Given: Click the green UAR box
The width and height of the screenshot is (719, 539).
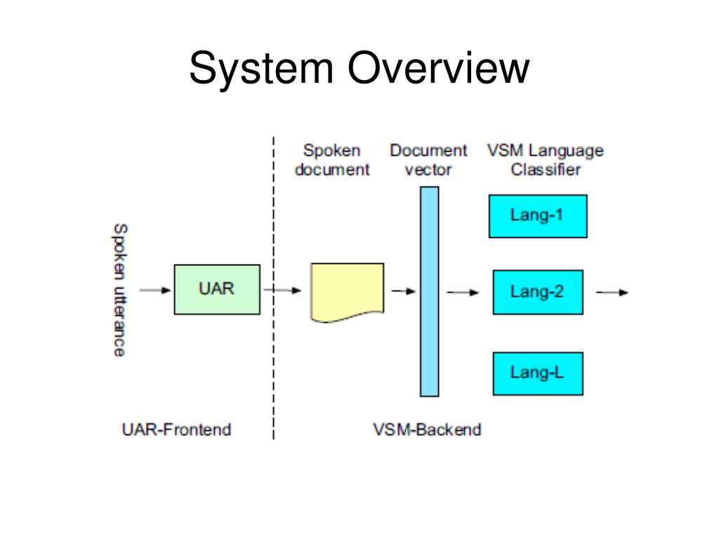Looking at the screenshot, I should pos(216,289).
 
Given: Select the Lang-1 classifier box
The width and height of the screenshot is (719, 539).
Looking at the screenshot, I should pos(537,216).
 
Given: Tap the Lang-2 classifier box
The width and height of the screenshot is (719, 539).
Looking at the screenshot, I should pos(537,292).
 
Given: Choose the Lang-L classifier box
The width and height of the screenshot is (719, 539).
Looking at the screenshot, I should pos(537,373).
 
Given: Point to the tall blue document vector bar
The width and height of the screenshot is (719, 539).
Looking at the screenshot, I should pos(429,291).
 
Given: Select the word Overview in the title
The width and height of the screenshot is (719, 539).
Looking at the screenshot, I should pos(437,69).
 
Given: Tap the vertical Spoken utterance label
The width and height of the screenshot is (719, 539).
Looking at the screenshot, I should pos(120,290).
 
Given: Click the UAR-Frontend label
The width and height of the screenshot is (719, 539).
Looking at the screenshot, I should pos(176,430).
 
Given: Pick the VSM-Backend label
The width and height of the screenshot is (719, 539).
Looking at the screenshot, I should pos(427,430).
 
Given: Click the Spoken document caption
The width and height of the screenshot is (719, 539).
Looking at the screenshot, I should pos(331,160).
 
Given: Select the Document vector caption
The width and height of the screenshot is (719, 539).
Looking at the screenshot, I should pos(428,160).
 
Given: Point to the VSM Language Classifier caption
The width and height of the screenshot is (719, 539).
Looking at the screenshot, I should pos(545,160).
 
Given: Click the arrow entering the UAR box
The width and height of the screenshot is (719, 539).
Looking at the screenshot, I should pos(155,290).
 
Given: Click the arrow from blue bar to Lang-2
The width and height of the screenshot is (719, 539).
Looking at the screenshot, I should pos(463,292).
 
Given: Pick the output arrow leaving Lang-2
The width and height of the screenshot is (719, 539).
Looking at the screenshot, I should pos(612,292).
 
